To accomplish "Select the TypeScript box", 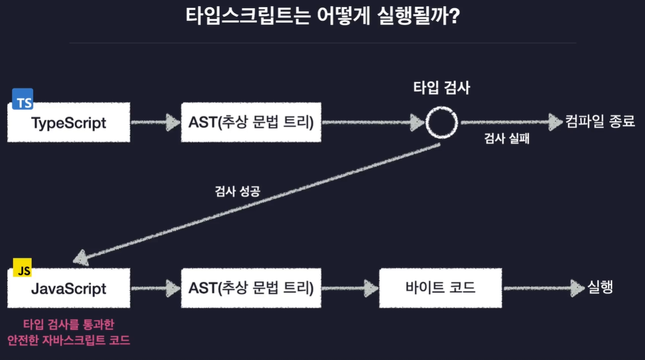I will point(69,122).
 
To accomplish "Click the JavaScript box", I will point(69,288).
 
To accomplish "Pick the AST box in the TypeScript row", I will point(251,122).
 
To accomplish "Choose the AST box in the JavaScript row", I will point(251,288).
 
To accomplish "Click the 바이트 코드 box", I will point(440,288).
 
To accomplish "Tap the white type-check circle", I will point(442,122).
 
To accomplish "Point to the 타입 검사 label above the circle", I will point(442,88).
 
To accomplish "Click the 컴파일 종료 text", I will point(600,122).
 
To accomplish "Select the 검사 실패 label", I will point(506,140).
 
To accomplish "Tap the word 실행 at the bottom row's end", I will point(600,288).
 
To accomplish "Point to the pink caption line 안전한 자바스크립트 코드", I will point(69,339).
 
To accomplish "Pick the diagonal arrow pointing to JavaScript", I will point(257,201).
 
